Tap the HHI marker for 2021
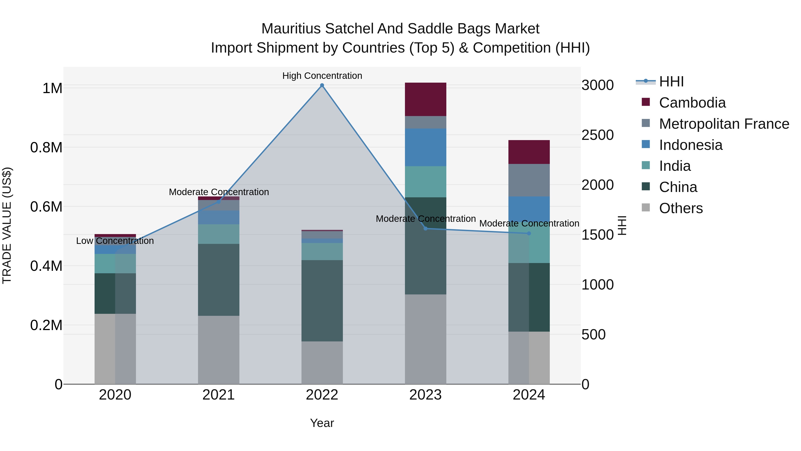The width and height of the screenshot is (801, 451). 218,202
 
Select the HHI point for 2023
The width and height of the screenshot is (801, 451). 426,229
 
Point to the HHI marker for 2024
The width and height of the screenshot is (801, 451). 529,233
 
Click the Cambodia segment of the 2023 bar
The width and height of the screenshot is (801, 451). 425,99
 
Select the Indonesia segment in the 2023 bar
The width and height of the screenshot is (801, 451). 425,147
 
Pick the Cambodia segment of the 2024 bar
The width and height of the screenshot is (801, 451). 529,152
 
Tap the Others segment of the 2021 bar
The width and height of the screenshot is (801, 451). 218,350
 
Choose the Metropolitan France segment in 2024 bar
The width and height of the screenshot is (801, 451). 529,180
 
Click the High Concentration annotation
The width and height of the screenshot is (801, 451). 322,76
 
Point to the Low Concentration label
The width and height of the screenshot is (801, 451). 115,241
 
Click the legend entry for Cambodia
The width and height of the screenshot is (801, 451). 692,103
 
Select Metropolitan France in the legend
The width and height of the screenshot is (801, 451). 724,124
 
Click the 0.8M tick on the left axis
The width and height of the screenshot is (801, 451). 46,147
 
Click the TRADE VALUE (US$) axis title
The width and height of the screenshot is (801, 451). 7,225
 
